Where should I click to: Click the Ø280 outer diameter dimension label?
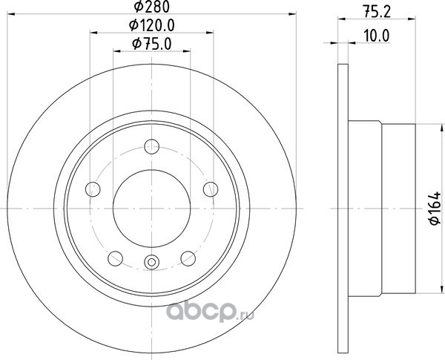point(151,7)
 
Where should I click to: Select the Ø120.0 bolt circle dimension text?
point(151,25)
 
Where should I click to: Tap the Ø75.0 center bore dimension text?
point(152,44)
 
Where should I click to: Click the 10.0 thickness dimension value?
point(377,36)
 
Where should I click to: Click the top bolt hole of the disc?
point(151,147)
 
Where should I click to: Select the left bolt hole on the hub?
point(93,189)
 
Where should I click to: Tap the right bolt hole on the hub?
point(211,189)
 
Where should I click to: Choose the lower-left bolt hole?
point(116,258)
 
